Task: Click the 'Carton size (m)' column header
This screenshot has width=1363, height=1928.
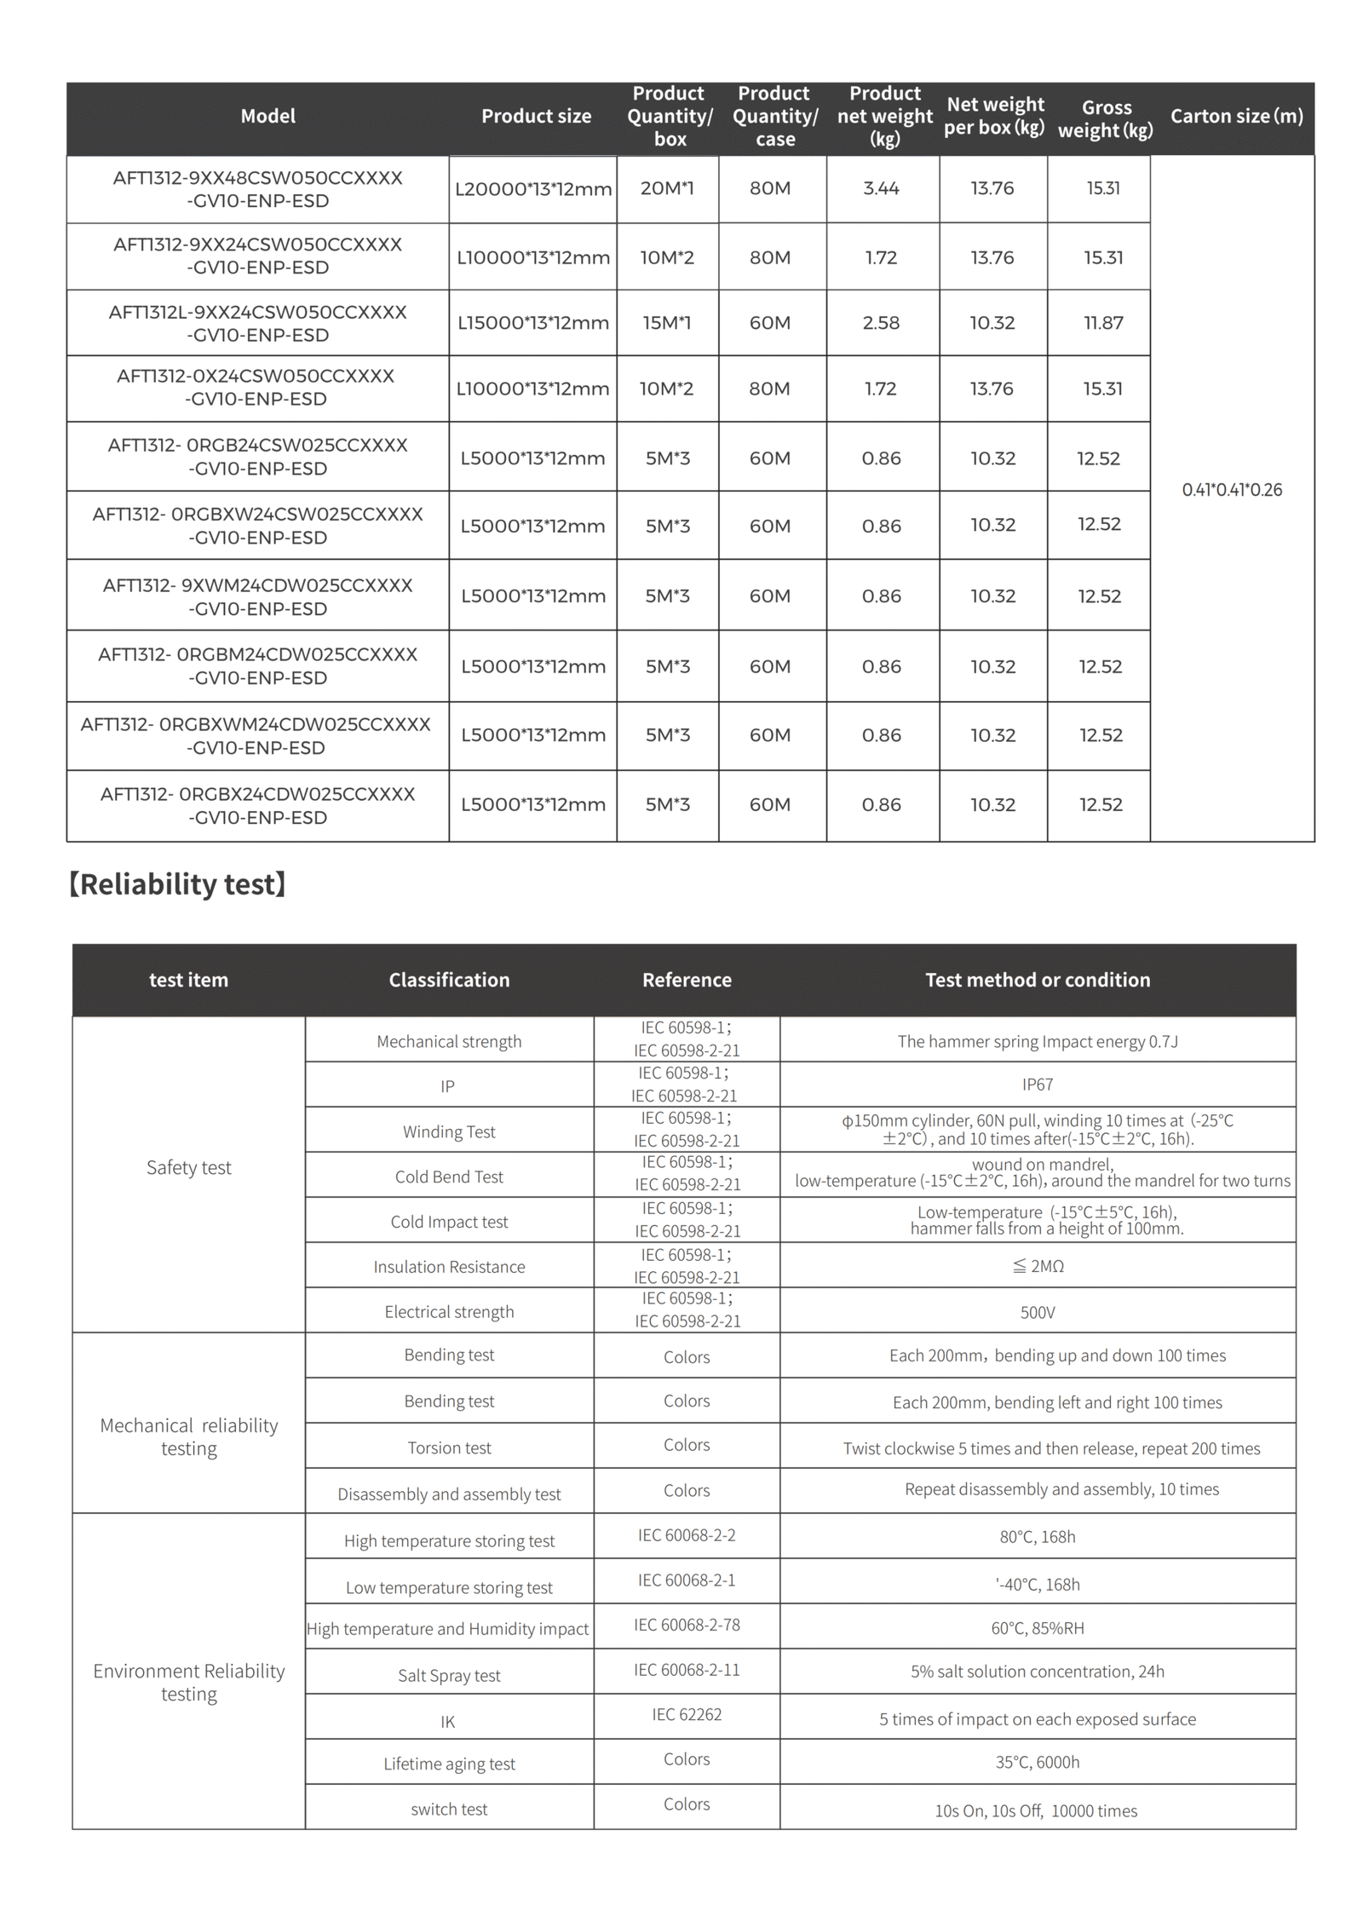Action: point(1236,116)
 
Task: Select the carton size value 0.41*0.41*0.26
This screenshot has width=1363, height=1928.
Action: point(1232,490)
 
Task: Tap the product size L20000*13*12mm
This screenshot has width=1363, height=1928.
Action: point(533,189)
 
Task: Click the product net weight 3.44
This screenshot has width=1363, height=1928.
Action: point(881,188)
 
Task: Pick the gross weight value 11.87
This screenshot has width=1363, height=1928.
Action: point(1103,323)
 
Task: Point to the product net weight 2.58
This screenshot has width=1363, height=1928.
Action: point(881,323)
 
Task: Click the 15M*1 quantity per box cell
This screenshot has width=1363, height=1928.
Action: point(667,323)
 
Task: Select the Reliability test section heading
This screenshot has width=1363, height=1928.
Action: point(177,884)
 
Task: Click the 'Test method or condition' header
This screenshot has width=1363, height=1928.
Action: point(1038,980)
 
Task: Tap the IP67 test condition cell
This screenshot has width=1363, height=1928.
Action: point(1038,1085)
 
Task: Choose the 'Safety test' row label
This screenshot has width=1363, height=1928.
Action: point(188,1167)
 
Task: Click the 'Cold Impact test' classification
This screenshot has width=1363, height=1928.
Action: point(449,1222)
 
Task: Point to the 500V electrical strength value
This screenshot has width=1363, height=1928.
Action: point(1038,1312)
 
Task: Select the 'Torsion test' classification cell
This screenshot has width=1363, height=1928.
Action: point(449,1447)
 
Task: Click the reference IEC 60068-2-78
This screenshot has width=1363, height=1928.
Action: point(687,1625)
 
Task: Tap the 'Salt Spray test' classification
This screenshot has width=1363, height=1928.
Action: point(449,1675)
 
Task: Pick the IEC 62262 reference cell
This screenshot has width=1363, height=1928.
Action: point(687,1714)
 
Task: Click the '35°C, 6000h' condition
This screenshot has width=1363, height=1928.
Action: point(1038,1762)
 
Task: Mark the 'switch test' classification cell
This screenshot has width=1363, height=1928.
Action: point(449,1809)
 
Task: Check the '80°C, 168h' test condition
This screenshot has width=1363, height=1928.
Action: point(1038,1537)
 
